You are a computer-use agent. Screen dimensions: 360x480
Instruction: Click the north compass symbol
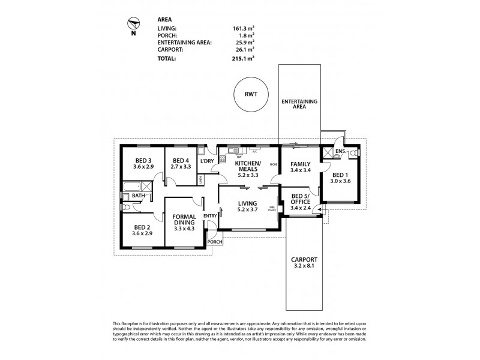[x=134, y=25]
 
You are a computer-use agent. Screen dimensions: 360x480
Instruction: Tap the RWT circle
[x=250, y=94]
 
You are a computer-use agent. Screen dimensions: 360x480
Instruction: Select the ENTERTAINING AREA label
[x=299, y=104]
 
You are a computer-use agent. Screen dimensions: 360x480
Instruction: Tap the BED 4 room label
[x=181, y=164]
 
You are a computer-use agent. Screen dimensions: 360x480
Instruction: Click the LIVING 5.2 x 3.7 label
[x=247, y=206]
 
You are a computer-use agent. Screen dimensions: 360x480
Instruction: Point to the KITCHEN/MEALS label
[x=247, y=168]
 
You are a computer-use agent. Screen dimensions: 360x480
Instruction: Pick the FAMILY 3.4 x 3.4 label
[x=300, y=167]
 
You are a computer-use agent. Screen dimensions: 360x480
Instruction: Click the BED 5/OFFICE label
[x=300, y=203]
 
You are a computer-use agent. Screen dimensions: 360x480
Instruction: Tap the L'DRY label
[x=208, y=161]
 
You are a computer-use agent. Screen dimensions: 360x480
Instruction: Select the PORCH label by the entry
[x=214, y=242]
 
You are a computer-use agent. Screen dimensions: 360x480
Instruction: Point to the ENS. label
[x=340, y=151]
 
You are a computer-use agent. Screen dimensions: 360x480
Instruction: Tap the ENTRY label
[x=210, y=216]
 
